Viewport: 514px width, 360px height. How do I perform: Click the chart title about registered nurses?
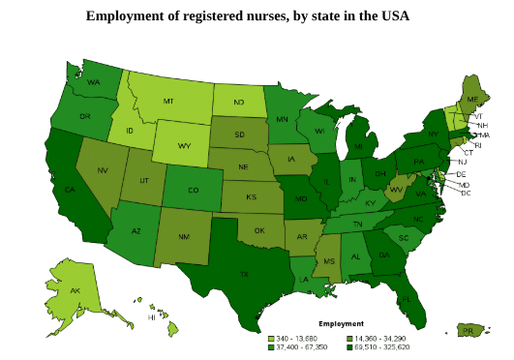(x=248, y=16)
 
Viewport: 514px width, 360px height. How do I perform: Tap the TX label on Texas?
(x=244, y=275)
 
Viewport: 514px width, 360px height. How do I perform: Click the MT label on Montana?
(x=167, y=101)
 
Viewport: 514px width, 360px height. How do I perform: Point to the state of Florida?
(x=404, y=295)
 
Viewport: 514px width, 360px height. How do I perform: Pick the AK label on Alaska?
(x=75, y=291)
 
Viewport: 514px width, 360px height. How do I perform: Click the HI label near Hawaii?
(x=151, y=316)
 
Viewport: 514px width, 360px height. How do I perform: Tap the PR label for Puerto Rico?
(x=468, y=330)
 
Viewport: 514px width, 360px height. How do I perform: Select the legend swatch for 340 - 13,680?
(x=271, y=337)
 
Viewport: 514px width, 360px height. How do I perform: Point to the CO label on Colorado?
(x=193, y=190)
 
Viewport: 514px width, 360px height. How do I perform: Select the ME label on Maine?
(x=472, y=100)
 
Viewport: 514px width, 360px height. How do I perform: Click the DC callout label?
(x=466, y=193)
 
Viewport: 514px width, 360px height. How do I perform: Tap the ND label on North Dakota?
(x=238, y=102)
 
